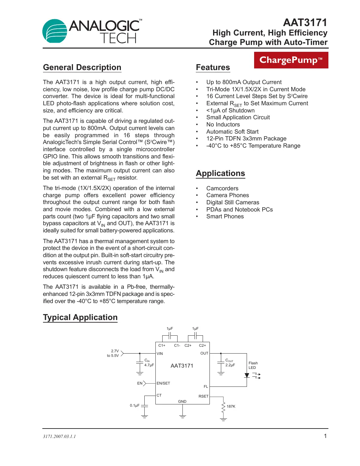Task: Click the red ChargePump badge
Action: (x=291, y=60)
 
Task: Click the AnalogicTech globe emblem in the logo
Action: (x=55, y=31)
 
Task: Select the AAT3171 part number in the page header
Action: (x=305, y=22)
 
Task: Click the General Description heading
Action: (x=82, y=67)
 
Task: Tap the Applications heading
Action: (x=220, y=173)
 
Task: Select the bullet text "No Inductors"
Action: (x=223, y=124)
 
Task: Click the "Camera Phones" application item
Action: (x=227, y=195)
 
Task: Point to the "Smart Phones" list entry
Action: (x=225, y=216)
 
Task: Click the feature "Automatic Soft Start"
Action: (x=232, y=132)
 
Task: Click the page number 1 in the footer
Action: (x=325, y=436)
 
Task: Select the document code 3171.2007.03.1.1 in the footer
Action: (x=59, y=437)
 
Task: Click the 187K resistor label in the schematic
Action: (x=231, y=406)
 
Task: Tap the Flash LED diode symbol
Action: (x=247, y=375)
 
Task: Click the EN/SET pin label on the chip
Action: (x=163, y=383)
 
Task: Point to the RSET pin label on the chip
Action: (x=203, y=396)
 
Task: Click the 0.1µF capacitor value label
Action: (x=135, y=405)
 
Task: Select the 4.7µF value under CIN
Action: (x=149, y=365)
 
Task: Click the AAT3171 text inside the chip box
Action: (x=182, y=366)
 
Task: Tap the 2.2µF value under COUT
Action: (x=230, y=365)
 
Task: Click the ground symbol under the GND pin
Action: (x=182, y=416)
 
